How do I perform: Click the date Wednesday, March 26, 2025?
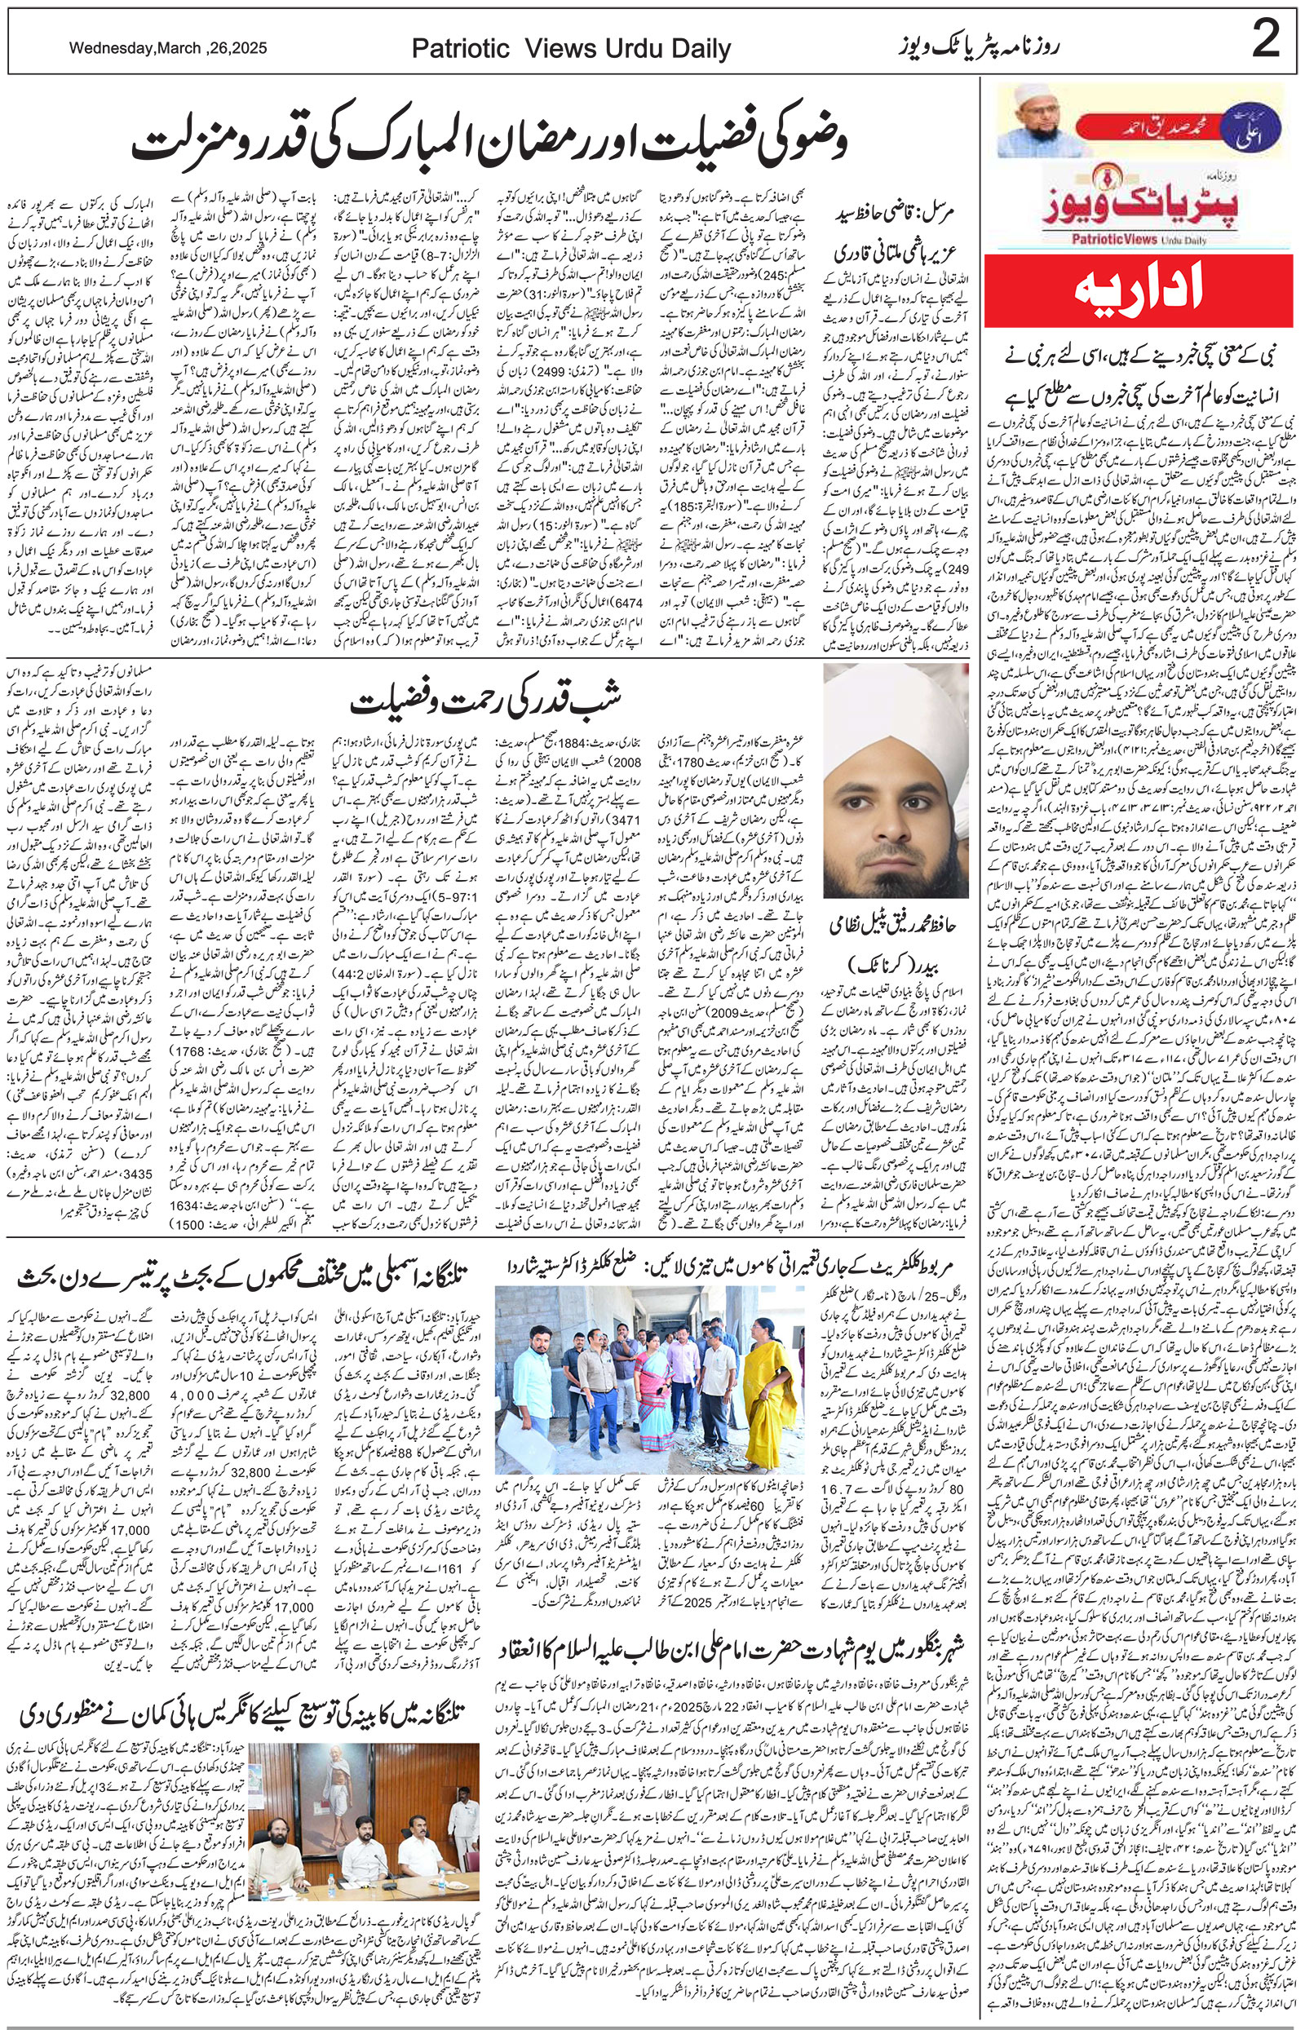[168, 49]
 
